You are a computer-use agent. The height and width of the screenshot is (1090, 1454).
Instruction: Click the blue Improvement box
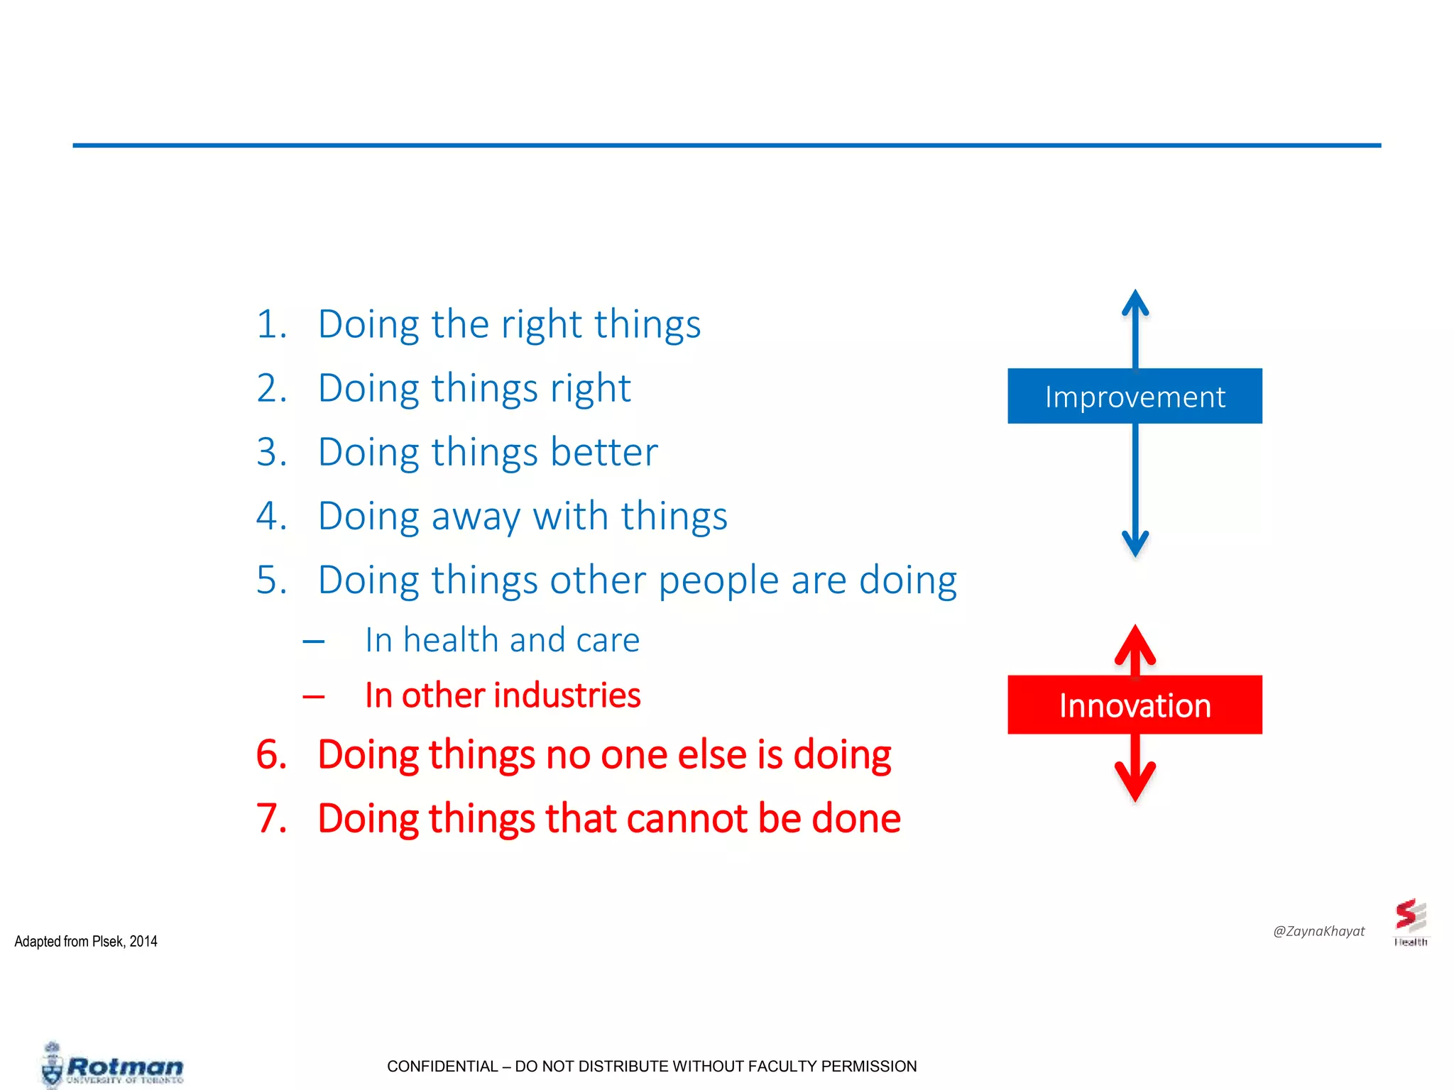coord(1135,396)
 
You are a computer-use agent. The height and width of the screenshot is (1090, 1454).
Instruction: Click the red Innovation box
coord(1135,705)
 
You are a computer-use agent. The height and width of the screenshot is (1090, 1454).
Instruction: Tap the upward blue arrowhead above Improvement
coord(1135,302)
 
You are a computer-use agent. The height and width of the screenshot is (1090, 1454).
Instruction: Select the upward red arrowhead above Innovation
coord(1135,643)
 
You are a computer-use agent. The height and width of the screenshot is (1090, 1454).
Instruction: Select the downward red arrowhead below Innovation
coord(1135,783)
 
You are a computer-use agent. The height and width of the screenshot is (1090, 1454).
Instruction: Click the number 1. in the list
coord(271,324)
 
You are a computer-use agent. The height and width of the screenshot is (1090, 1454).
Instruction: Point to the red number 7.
coord(271,818)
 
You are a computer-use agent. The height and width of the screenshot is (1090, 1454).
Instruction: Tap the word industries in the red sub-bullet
coord(561,695)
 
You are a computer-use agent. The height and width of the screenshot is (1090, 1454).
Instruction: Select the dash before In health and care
coord(313,642)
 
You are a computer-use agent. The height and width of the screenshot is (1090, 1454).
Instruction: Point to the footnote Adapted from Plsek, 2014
coord(86,942)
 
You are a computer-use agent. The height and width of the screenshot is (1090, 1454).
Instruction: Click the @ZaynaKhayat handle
coord(1318,931)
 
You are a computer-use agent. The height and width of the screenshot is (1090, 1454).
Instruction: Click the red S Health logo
coord(1410,921)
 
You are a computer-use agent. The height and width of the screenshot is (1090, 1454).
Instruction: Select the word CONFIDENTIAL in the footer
coord(442,1066)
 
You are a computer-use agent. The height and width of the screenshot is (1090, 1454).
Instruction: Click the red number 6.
coord(271,754)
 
